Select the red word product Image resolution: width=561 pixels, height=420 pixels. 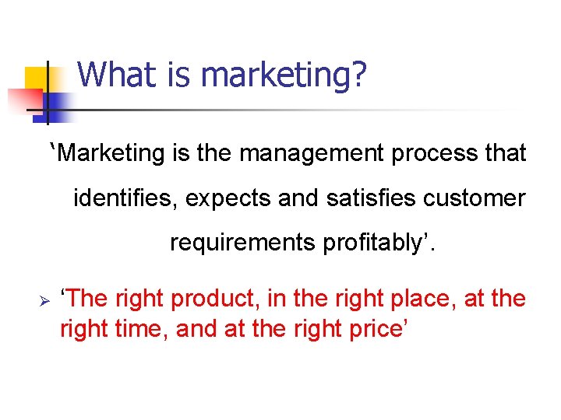[216, 299]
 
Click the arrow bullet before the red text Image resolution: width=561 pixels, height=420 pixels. [44, 300]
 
